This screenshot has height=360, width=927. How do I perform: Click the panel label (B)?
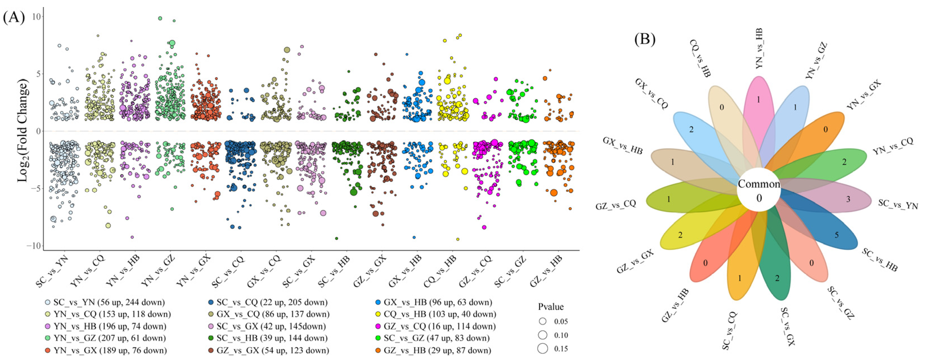pos(645,39)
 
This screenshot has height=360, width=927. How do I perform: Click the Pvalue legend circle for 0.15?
pos(543,348)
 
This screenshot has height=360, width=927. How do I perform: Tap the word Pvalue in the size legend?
pos(551,307)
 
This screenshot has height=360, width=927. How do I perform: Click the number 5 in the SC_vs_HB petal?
pos(837,235)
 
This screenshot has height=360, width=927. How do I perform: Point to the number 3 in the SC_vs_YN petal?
pos(848,199)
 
